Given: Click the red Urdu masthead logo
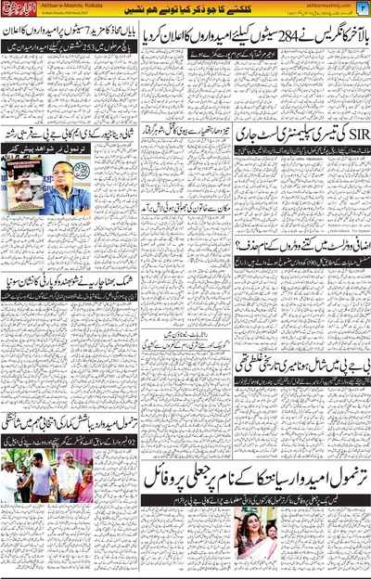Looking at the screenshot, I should (19, 11).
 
